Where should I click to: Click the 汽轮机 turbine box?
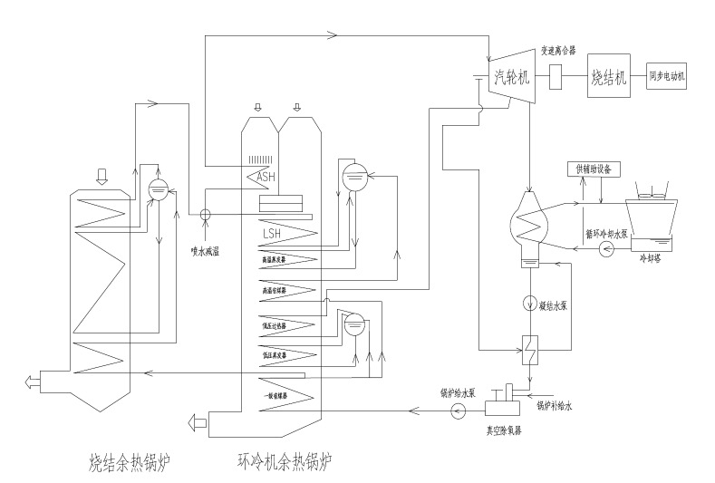coord(513,79)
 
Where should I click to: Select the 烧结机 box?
coord(608,77)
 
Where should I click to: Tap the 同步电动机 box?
coord(666,77)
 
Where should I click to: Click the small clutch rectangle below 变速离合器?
coord(558,78)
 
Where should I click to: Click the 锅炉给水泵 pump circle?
coord(458,411)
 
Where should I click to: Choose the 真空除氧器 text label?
coord(505,427)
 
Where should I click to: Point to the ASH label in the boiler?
coord(268,177)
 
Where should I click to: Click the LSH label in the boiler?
coord(273,234)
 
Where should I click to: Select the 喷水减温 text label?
coord(207,250)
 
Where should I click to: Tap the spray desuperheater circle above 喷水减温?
coord(205,216)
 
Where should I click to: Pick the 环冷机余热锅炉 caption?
coord(283,464)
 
